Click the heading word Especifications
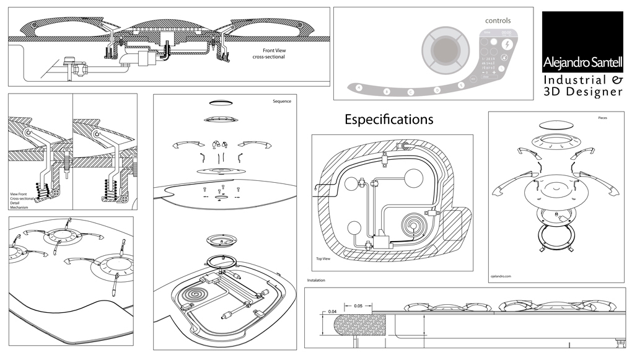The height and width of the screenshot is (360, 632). coord(388,120)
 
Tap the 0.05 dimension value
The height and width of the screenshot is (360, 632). coord(358,306)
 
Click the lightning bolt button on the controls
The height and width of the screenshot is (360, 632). coord(507,45)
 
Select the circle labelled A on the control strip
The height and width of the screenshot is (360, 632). coord(358,87)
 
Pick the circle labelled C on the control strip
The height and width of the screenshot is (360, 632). coord(410,92)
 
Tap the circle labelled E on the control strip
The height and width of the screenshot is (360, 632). coord(460,84)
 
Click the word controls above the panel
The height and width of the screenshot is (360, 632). coord(498,20)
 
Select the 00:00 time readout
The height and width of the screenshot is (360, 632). coord(506,32)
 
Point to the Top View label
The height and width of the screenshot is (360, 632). coord(322,258)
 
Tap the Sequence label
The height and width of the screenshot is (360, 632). coord(281,100)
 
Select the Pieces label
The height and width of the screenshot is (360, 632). coord(602,117)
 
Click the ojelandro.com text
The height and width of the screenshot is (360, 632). coord(502,277)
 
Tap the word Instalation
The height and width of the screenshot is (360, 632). coord(317,280)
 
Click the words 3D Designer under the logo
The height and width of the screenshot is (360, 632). coord(582,92)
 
